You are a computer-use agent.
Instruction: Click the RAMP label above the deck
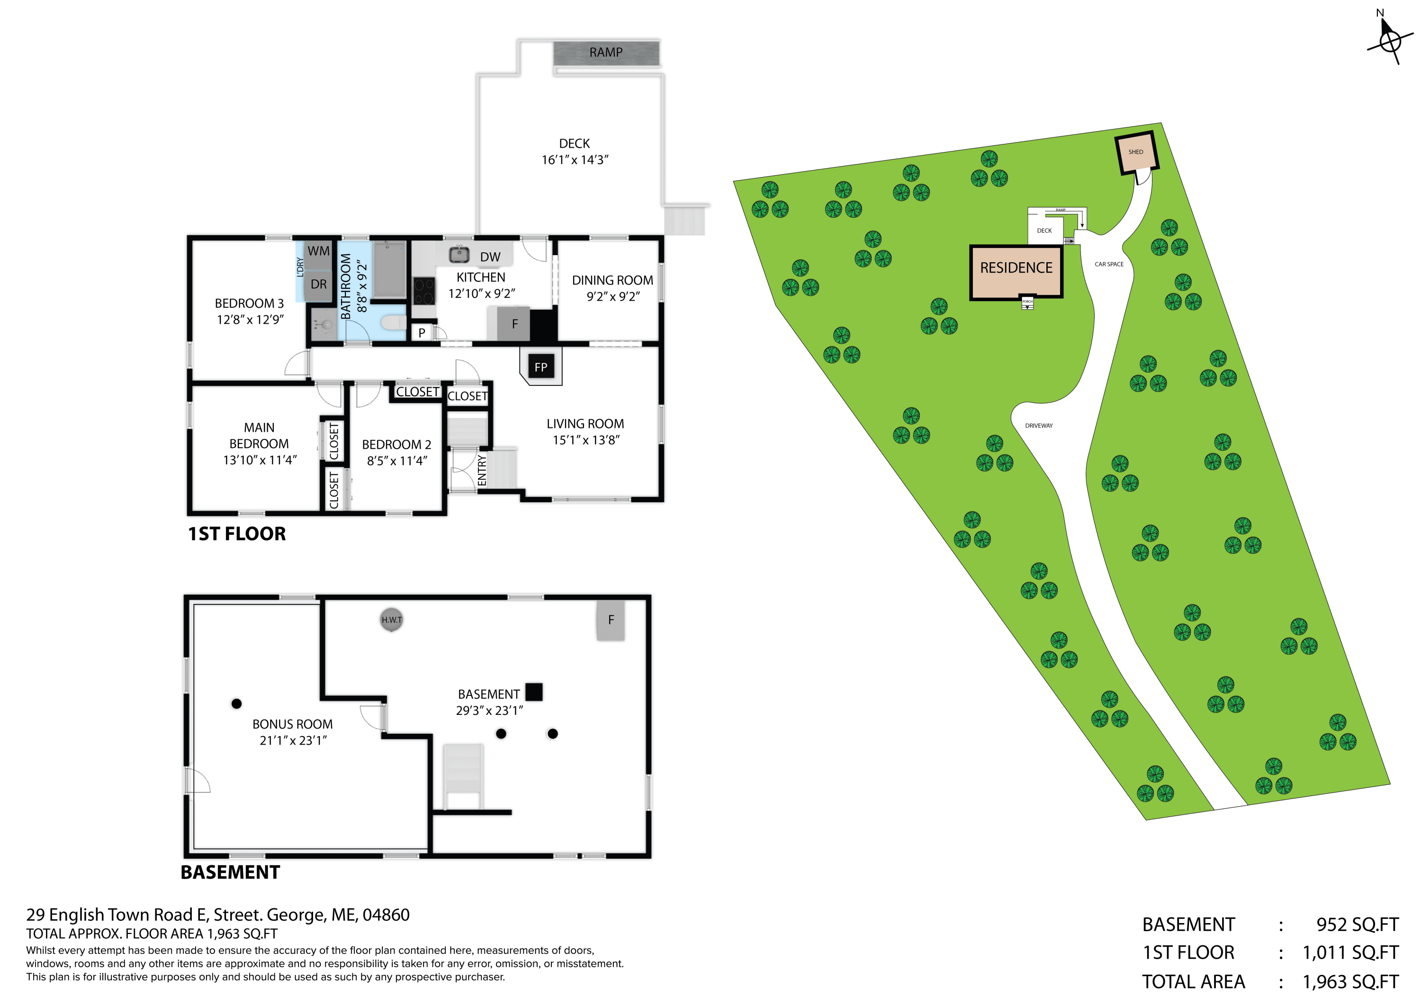[605, 53]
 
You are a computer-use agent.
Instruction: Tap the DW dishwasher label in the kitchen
[490, 257]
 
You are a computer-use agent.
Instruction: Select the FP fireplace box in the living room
[541, 367]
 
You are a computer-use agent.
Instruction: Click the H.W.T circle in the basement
[391, 620]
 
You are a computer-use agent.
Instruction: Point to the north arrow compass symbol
[1390, 41]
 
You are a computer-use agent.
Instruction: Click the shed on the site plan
[1136, 152]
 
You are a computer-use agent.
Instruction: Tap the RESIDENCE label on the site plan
[1016, 268]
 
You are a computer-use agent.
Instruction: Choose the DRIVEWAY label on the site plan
[1039, 426]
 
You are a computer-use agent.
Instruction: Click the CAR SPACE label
[1109, 264]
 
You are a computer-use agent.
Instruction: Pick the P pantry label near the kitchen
[422, 333]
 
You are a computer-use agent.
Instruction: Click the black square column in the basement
[533, 692]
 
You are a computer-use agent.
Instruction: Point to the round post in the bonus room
[236, 703]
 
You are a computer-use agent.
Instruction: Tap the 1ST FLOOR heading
[237, 534]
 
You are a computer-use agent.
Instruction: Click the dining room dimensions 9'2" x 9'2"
[613, 297]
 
